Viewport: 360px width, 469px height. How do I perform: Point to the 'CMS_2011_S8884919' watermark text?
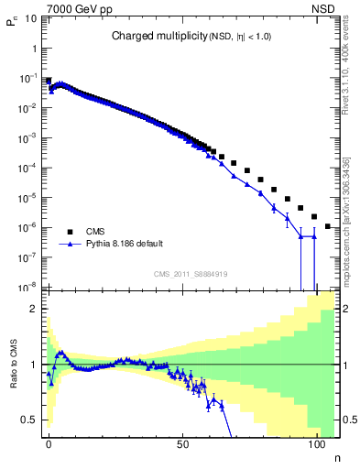191,273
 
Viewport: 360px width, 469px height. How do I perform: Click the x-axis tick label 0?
49,443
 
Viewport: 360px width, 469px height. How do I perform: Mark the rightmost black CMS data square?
328,225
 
